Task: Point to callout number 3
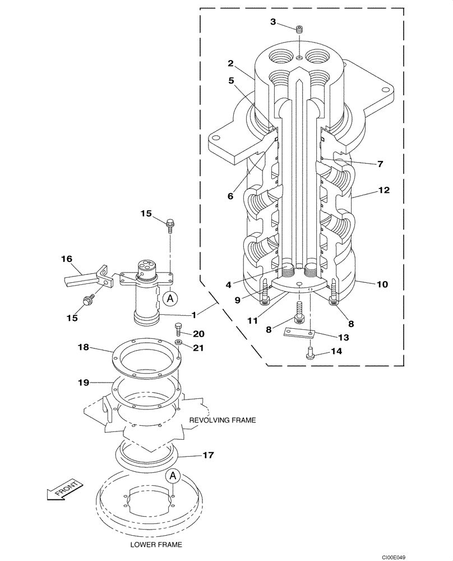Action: (x=273, y=22)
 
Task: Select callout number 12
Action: (x=383, y=190)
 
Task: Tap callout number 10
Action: (x=382, y=284)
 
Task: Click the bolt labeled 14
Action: (x=309, y=352)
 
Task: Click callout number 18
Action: (x=83, y=348)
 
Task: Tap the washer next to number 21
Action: (x=178, y=342)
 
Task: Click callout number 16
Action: (x=67, y=259)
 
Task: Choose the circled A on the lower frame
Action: (x=173, y=476)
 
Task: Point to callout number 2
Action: (x=230, y=64)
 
